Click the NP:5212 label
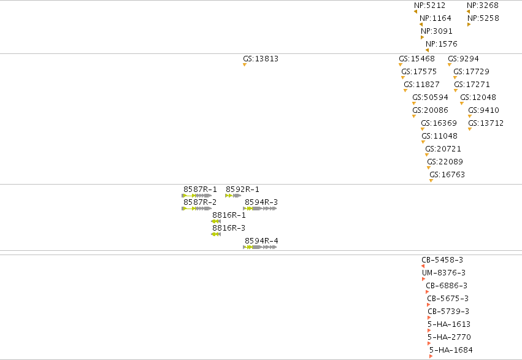pos(429,6)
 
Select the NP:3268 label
pos(482,6)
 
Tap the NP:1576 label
pos(442,44)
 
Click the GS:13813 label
pos(260,58)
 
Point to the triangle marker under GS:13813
pos(245,64)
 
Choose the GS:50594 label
pos(430,97)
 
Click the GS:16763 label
pos(447,174)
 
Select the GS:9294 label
pos(463,58)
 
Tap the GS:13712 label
pos(486,123)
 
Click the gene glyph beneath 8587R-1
pos(196,196)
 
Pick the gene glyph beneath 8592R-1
pos(233,196)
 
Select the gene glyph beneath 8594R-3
pos(260,209)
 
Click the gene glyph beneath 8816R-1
pos(216,221)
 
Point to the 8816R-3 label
pos(229,228)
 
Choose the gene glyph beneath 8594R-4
pos(260,247)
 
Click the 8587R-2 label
pos(200,202)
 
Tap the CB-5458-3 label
pos(442,260)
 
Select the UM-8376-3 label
pos(443,273)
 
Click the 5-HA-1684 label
pos(451,350)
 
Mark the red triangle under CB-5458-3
pos(423,266)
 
